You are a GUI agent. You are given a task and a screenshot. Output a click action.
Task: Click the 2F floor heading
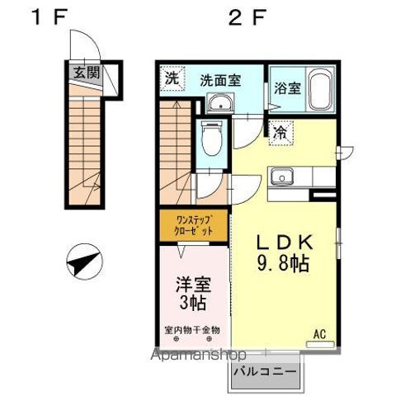click(x=247, y=16)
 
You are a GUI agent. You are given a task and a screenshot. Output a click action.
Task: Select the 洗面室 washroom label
click(x=220, y=80)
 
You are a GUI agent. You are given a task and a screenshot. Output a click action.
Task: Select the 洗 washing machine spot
click(x=171, y=79)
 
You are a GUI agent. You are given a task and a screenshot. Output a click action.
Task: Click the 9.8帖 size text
click(x=283, y=266)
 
